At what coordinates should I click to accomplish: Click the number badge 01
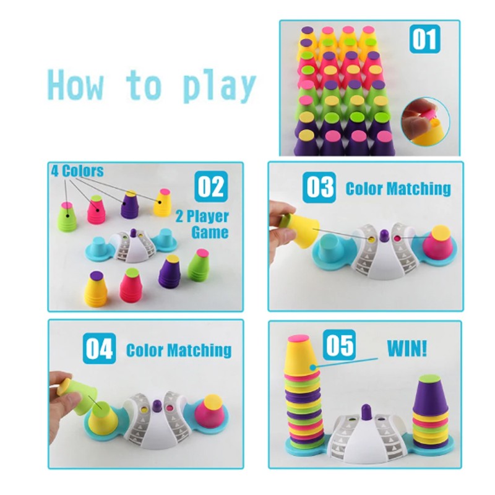point(424,39)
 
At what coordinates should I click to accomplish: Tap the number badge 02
point(211,186)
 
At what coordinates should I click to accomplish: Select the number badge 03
point(319,187)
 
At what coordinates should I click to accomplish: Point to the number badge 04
point(99,348)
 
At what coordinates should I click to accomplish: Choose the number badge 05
point(339,345)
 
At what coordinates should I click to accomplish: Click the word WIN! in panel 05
point(407,348)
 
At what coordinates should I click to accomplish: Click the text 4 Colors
point(77,171)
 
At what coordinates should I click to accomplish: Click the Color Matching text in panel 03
point(398,189)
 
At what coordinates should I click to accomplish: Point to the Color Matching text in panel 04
point(179,350)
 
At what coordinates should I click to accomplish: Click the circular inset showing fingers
point(425,121)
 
